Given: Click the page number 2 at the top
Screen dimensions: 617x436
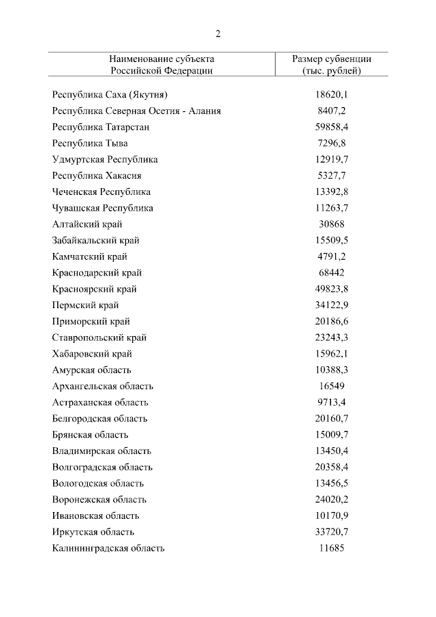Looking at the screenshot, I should [x=218, y=34].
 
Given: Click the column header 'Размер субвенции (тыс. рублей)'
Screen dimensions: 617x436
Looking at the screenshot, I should [x=331, y=65].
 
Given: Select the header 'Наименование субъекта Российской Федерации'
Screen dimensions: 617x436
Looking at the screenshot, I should [x=161, y=65].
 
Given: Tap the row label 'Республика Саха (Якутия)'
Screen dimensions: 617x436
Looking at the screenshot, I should [x=110, y=95].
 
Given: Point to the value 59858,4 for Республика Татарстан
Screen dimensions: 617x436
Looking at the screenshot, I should [x=331, y=127].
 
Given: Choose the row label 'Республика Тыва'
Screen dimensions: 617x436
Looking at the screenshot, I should [x=90, y=143].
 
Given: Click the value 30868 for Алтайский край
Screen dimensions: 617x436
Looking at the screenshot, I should [x=331, y=224].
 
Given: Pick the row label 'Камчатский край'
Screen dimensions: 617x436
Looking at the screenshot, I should [x=89, y=256].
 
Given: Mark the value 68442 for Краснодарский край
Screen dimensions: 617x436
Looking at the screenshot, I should [x=331, y=273].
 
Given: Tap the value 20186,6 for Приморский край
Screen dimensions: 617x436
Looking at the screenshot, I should [x=331, y=321].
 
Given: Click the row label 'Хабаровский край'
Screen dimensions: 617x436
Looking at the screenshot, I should [x=92, y=354].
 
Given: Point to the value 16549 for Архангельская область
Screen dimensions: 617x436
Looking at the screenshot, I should [x=331, y=386].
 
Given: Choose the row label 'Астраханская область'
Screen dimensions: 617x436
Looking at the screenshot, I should [x=100, y=402].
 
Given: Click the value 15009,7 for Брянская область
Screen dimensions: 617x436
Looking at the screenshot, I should [x=331, y=435].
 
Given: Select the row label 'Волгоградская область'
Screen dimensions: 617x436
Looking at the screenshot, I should [x=102, y=467].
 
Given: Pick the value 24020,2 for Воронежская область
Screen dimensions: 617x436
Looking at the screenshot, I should [x=331, y=500].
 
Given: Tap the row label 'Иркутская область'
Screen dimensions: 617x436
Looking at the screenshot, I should [x=93, y=532].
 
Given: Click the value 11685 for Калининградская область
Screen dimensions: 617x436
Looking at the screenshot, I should [x=331, y=548].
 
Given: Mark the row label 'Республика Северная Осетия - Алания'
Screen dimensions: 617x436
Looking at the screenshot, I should [x=136, y=110].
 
